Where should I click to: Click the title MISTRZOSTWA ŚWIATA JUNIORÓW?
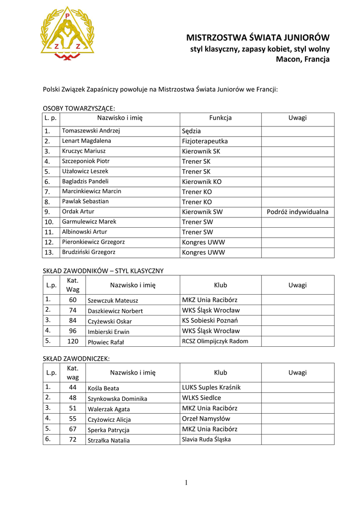[258, 38]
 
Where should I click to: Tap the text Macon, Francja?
[302, 60]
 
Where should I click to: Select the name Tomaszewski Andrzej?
[91, 131]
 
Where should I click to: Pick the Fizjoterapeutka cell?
[205, 141]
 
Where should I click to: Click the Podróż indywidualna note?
[297, 212]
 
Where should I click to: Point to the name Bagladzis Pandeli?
[85, 182]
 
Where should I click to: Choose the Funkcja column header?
[220, 118]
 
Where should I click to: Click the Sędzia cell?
[192, 131]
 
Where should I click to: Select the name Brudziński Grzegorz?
[88, 252]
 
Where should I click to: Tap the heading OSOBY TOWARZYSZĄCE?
[79, 108]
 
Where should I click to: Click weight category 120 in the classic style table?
[72, 341]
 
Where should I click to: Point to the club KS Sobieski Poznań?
[210, 320]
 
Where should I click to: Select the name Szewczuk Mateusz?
[113, 301]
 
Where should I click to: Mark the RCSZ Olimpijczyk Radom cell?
[215, 341]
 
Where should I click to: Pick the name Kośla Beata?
[103, 388]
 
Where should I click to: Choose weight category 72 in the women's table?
[72, 440]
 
